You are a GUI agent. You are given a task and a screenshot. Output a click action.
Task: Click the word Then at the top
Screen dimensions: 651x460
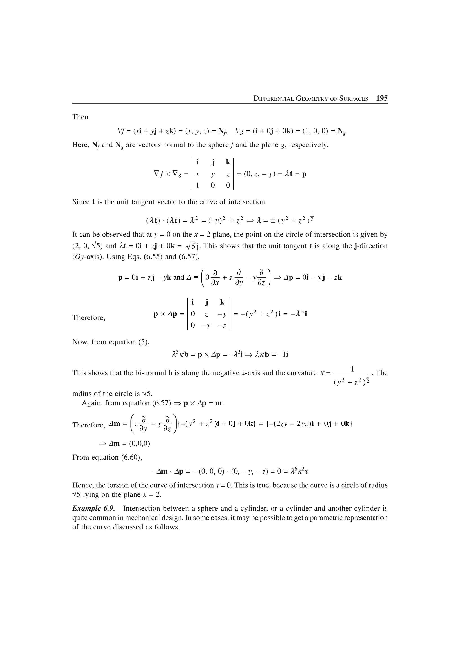pos(80,117)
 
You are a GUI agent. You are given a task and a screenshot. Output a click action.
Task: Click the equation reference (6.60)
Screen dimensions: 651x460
pos(130,457)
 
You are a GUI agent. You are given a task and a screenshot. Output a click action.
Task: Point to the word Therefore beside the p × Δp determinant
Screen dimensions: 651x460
pos(89,318)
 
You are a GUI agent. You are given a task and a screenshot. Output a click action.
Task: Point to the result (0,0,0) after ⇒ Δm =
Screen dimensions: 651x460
pos(139,443)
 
